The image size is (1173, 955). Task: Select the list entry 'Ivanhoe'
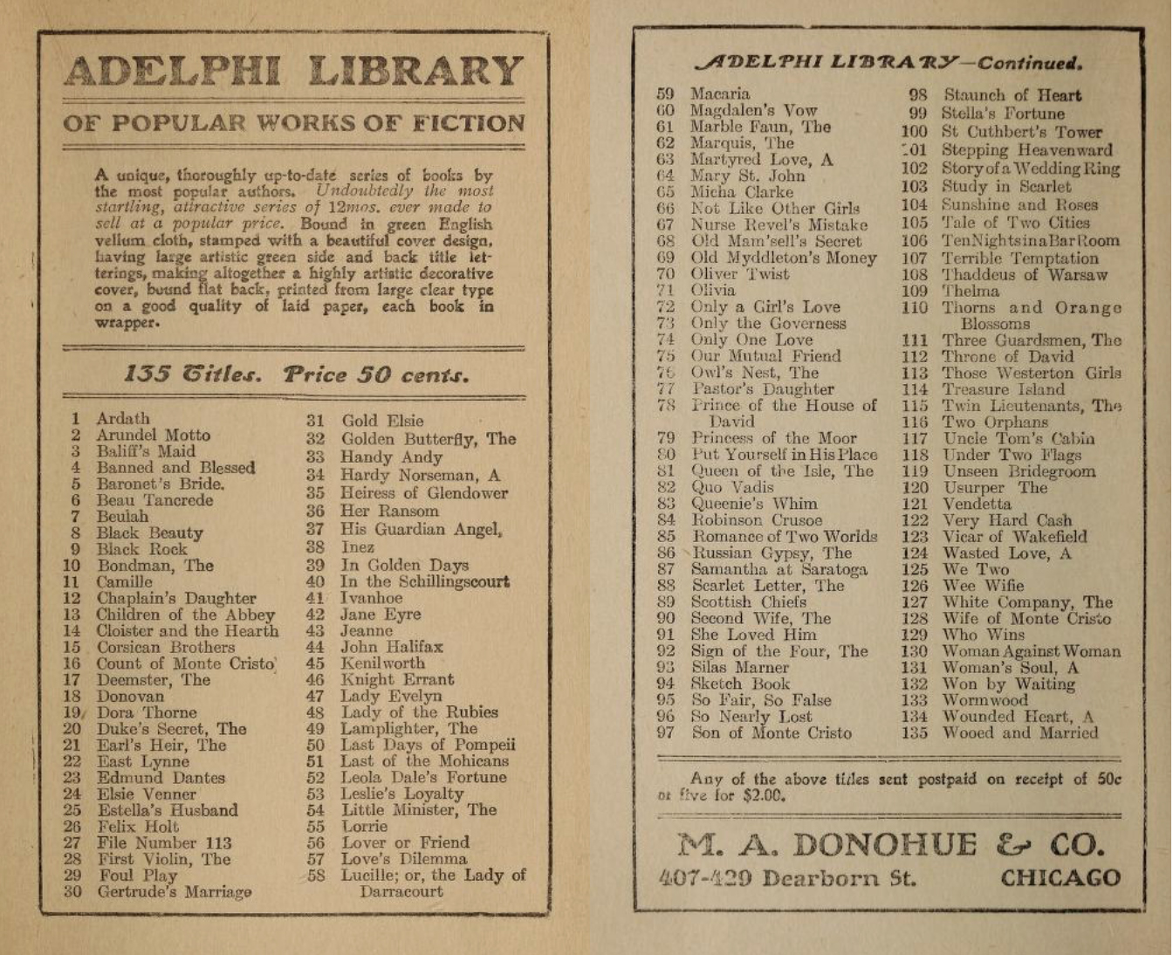tap(371, 598)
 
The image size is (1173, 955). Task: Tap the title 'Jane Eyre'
tap(381, 615)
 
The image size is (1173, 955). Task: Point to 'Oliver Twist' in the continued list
tap(739, 274)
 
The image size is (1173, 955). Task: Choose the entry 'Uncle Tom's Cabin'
tap(1018, 438)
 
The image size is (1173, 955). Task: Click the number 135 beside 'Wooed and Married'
tap(914, 733)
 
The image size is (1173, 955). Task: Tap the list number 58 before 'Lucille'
tap(315, 875)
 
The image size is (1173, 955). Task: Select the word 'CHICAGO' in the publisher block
tap(1060, 878)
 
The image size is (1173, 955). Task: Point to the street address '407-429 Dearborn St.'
tap(787, 878)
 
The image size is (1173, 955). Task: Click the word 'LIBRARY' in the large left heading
tap(415, 72)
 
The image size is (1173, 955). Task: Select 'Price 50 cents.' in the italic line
tap(376, 375)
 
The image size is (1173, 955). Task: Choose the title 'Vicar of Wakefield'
tap(1014, 537)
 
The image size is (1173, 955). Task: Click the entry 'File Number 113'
tap(164, 842)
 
